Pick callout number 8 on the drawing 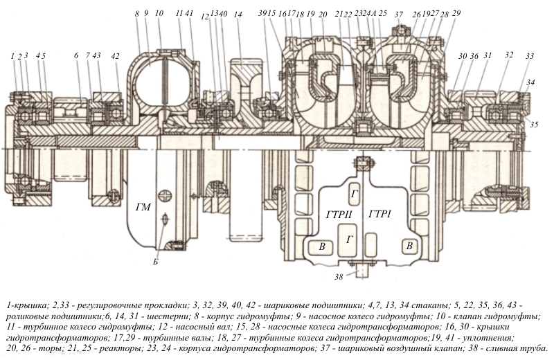[137, 13]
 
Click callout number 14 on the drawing [238, 15]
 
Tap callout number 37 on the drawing [398, 14]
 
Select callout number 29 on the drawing [456, 14]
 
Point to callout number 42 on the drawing [115, 56]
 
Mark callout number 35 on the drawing [533, 124]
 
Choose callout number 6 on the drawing [75, 56]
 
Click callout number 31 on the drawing [488, 56]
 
